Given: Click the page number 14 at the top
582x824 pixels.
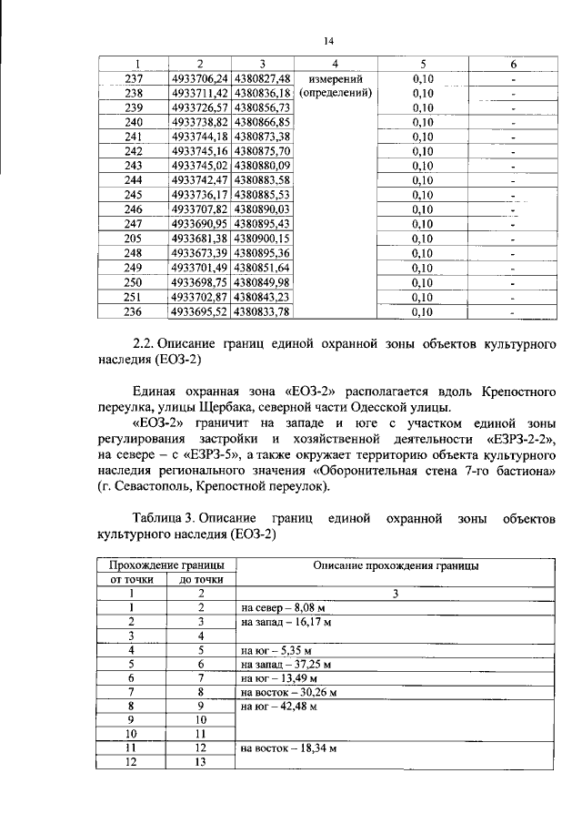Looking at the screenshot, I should coord(328,40).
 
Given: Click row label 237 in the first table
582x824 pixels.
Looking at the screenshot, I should coord(134,78).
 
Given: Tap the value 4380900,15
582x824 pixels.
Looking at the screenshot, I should coord(261,238).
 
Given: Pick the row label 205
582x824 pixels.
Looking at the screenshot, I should coord(134,238).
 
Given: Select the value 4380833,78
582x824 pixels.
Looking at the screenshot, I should coord(261,312).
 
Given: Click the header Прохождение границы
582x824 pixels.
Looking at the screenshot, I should coord(161,565).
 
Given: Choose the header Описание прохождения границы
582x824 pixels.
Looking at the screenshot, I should coord(396,565).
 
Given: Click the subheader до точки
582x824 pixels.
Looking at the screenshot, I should coord(201,579).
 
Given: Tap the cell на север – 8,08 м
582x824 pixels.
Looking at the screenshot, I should coord(281,606).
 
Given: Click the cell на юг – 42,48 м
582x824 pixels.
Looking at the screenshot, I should coord(278,707).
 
